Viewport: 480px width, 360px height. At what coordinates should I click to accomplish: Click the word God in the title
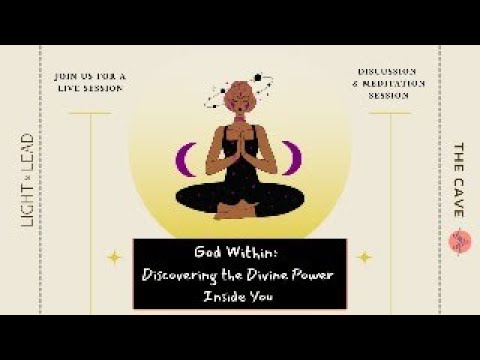[x=211, y=254]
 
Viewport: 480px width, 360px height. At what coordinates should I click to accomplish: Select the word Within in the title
[x=258, y=254]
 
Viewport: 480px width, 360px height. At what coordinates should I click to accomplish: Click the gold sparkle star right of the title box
[x=364, y=257]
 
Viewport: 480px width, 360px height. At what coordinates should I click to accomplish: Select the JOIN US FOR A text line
[x=90, y=75]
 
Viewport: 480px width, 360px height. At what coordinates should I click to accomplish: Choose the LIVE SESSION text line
[x=90, y=88]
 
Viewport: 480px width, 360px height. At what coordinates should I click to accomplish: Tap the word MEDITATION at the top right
[x=394, y=84]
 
